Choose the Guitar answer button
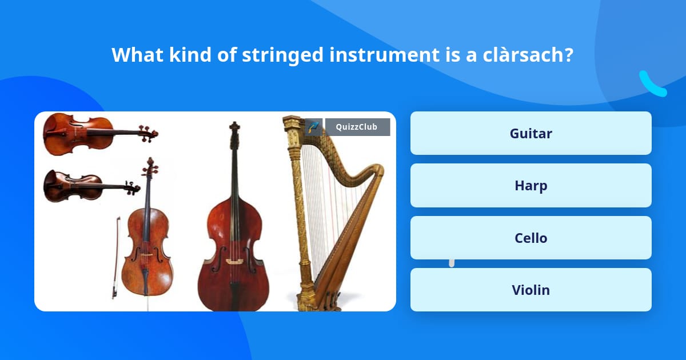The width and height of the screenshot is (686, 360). [531, 133]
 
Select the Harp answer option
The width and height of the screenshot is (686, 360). [531, 186]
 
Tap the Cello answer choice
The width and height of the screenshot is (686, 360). [531, 238]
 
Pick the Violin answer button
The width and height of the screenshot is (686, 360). [531, 290]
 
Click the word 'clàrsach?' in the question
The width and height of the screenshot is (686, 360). [528, 55]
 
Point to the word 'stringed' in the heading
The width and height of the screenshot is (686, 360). [282, 55]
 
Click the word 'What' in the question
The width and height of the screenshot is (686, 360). [137, 55]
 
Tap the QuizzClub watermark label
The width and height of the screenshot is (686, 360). [357, 127]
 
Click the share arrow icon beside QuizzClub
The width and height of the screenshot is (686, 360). [314, 127]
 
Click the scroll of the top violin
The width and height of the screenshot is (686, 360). [149, 134]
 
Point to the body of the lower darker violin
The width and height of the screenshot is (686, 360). [73, 186]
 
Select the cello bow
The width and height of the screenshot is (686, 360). [115, 258]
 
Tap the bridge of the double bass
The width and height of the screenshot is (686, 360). [234, 261]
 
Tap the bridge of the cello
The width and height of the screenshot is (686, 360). [147, 254]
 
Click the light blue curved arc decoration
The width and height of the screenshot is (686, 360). [652, 84]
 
